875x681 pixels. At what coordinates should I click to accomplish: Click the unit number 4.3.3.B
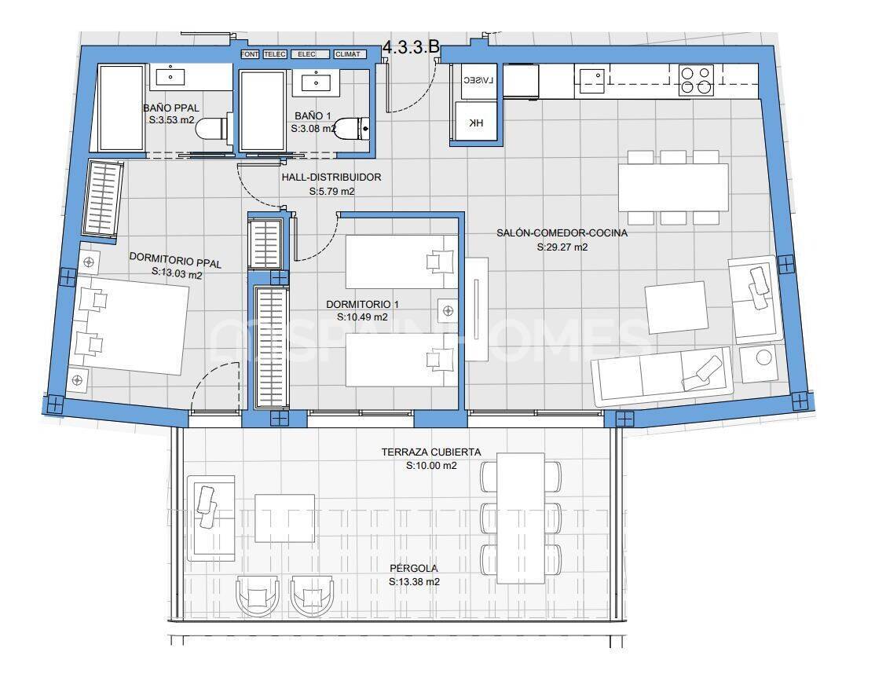coord(410,46)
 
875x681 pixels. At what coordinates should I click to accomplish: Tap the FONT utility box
coord(251,54)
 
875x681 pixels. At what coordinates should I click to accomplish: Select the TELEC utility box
coord(274,54)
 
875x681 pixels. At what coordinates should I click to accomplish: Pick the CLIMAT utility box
coord(348,54)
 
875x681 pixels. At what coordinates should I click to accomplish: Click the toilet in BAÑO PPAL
coord(211,129)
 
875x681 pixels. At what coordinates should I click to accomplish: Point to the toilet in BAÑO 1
coord(351,129)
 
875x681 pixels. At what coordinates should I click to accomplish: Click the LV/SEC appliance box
coord(478,81)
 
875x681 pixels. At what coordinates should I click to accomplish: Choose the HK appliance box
coord(477,123)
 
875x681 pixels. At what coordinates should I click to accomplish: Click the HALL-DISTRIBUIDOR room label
coord(331,178)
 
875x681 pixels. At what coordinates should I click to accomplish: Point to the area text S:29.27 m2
coord(562,247)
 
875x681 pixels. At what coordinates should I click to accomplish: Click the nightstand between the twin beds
coord(448,312)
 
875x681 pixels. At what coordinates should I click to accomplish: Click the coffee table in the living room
coord(675,308)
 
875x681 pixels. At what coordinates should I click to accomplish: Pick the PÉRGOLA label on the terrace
coord(414,568)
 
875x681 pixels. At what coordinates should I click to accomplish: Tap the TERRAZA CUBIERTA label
coord(431,452)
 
